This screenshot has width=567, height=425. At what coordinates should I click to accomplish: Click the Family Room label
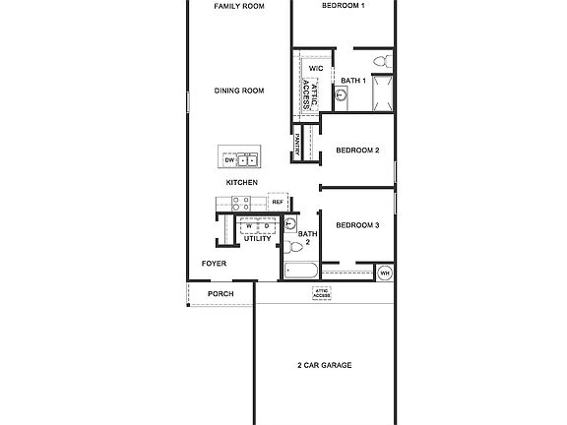(x=239, y=6)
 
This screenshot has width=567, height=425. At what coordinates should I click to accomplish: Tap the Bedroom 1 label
(x=344, y=6)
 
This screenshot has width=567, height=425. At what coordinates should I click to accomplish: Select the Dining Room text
(x=239, y=91)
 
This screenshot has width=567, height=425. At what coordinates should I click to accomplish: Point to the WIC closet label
(x=316, y=69)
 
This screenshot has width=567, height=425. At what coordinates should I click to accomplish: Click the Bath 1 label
(x=353, y=80)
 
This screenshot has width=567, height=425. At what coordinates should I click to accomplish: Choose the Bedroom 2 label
(x=357, y=151)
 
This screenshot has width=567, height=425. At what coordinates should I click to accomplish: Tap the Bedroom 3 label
(x=357, y=225)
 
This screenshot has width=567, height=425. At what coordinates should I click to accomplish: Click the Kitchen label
(x=242, y=182)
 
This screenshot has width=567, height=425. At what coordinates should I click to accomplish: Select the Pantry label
(x=297, y=147)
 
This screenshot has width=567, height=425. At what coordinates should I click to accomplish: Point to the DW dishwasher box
(x=228, y=159)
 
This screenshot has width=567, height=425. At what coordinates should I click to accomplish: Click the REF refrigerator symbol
(x=278, y=203)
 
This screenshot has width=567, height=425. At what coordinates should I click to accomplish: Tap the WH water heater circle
(x=385, y=272)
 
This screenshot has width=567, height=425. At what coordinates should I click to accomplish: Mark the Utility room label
(x=257, y=238)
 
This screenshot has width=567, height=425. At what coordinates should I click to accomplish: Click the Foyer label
(x=214, y=264)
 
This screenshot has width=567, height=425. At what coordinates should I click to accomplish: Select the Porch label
(x=220, y=294)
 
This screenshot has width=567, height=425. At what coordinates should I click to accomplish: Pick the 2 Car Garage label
(x=324, y=365)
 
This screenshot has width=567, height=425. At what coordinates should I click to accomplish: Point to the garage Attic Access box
(x=322, y=293)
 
